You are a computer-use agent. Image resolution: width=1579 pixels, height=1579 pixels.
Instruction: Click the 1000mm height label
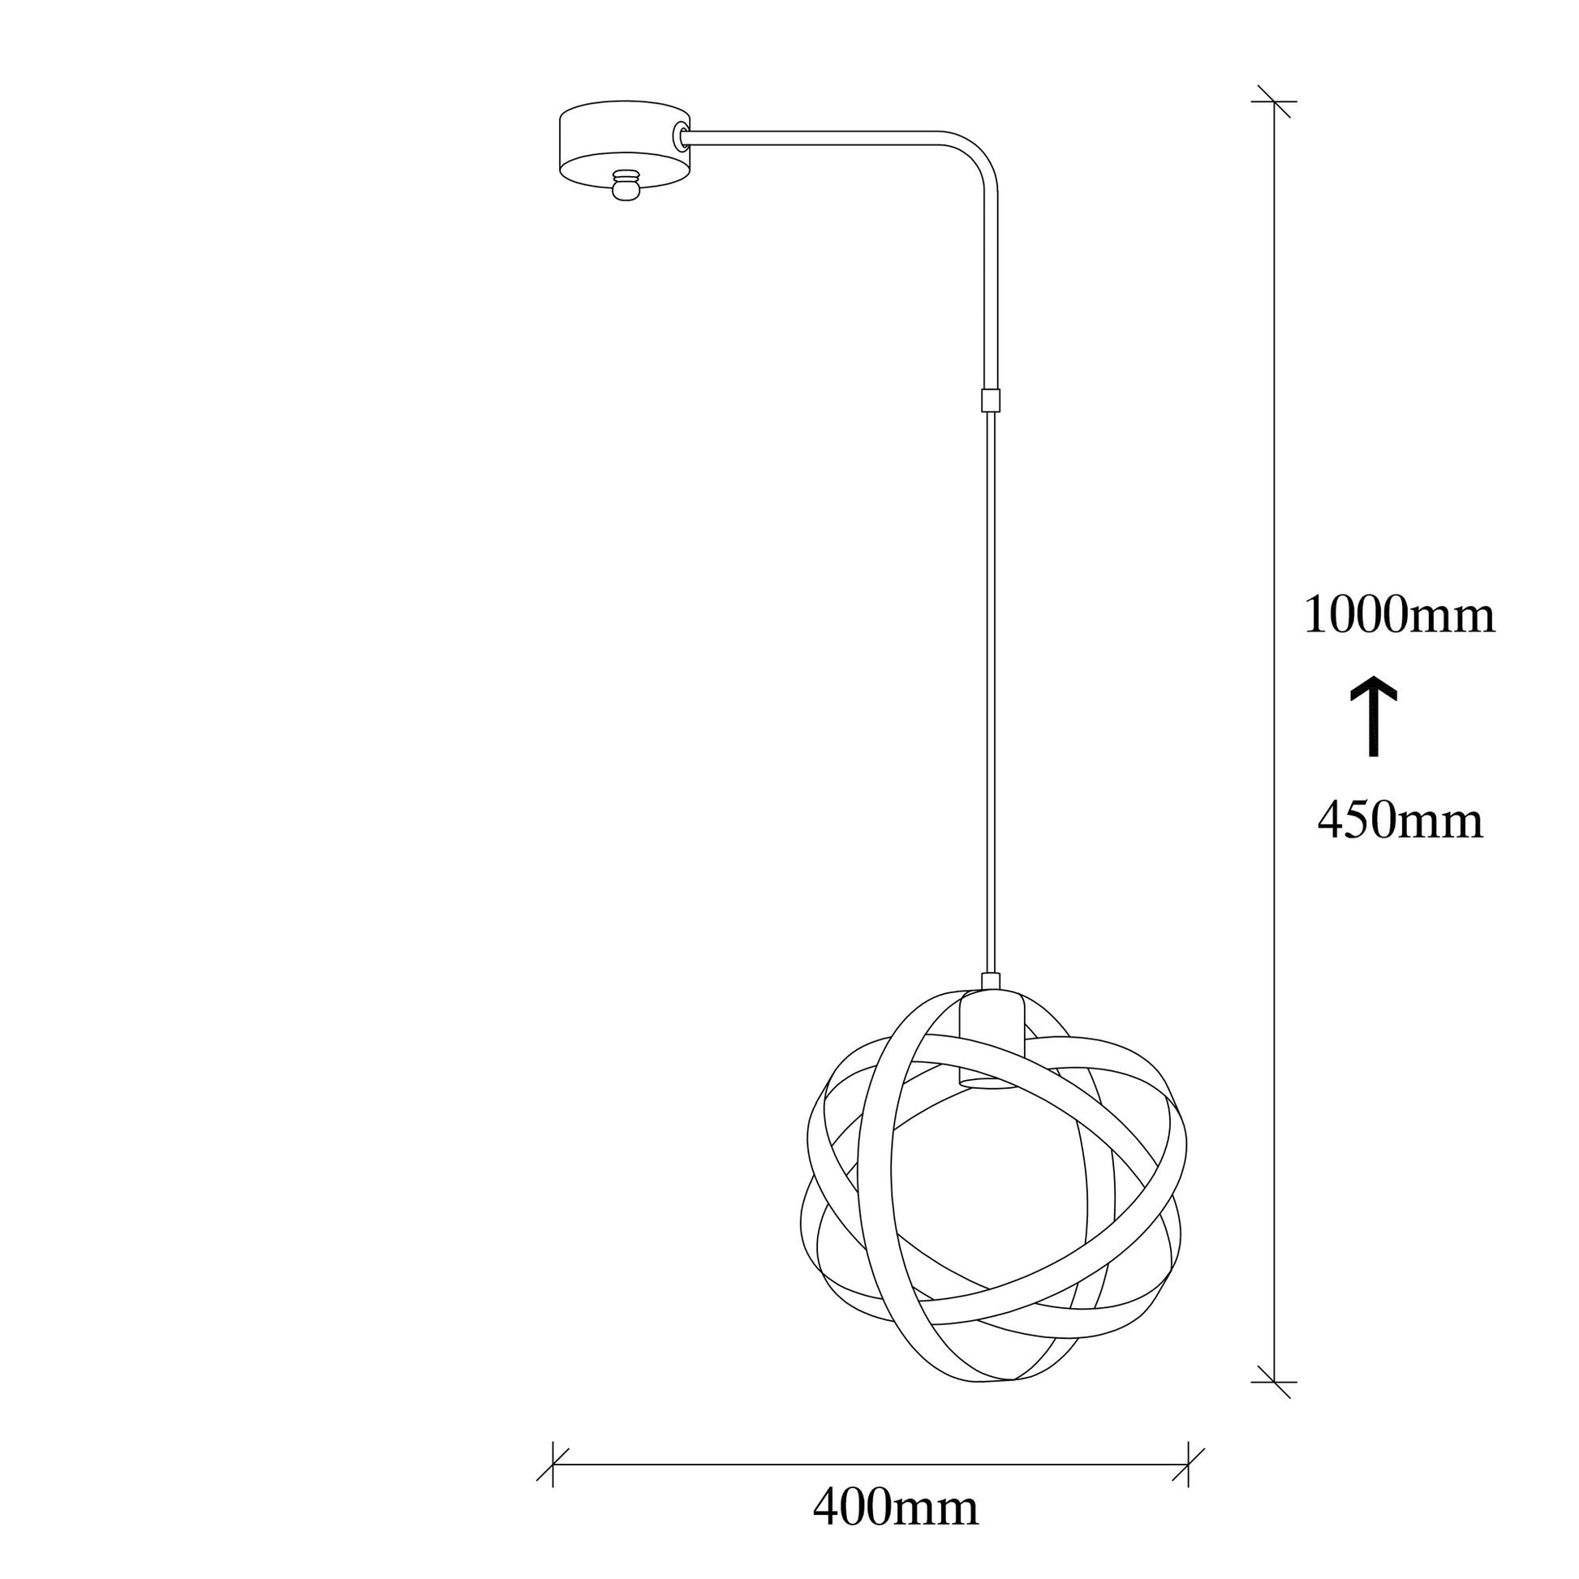(x=1399, y=616)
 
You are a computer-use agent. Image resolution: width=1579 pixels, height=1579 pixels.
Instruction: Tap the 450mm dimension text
(x=1400, y=821)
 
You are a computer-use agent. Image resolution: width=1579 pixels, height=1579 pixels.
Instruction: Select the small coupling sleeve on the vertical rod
(x=991, y=400)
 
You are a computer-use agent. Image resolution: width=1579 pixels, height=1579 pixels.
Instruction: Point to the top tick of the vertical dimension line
(x=1274, y=101)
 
